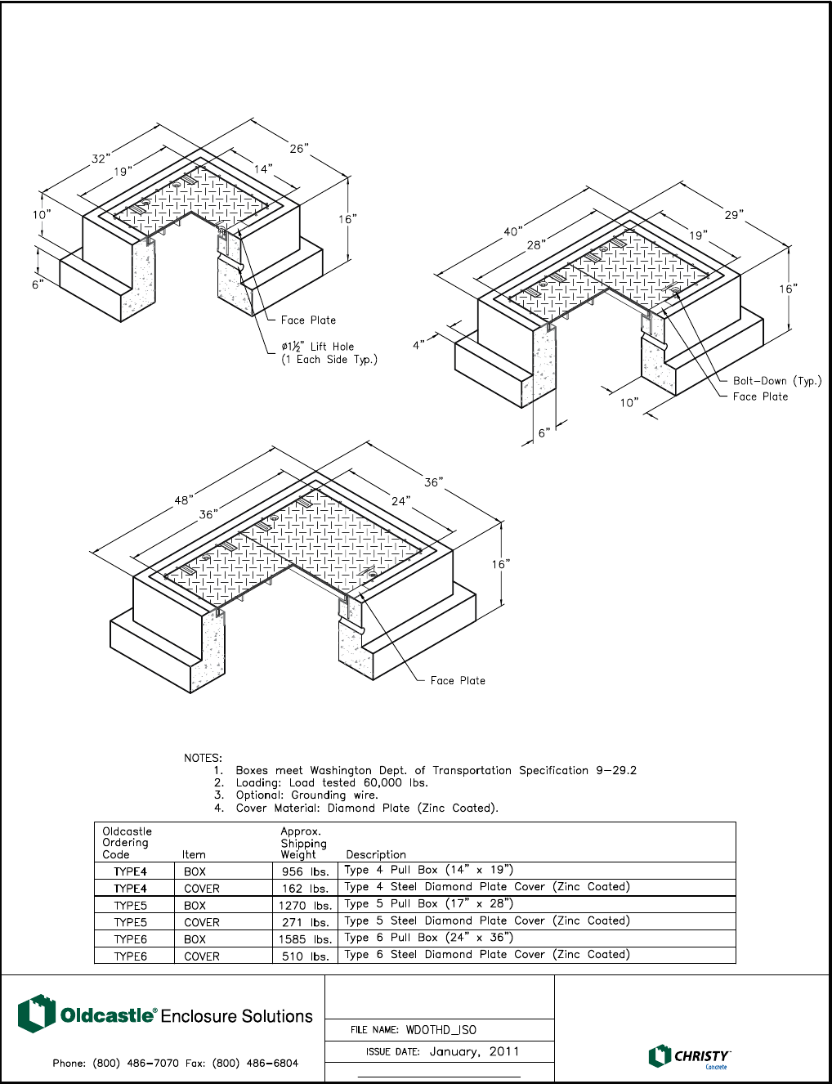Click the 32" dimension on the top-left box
click(x=100, y=159)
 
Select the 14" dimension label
click(x=263, y=168)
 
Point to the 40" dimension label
click(x=512, y=231)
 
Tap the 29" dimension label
click(x=733, y=214)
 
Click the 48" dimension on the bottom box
click(x=184, y=499)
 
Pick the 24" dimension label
click(x=400, y=500)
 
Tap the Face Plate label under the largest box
click(x=458, y=680)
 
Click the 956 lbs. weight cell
click(x=304, y=871)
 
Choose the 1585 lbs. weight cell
click(x=304, y=939)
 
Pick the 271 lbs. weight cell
click(x=304, y=922)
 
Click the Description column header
click(x=376, y=854)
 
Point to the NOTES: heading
click(x=203, y=758)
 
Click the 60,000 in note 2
click(x=384, y=782)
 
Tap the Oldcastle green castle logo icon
click(x=36, y=1014)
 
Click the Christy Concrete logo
click(x=689, y=1056)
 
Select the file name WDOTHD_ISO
click(x=441, y=1030)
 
